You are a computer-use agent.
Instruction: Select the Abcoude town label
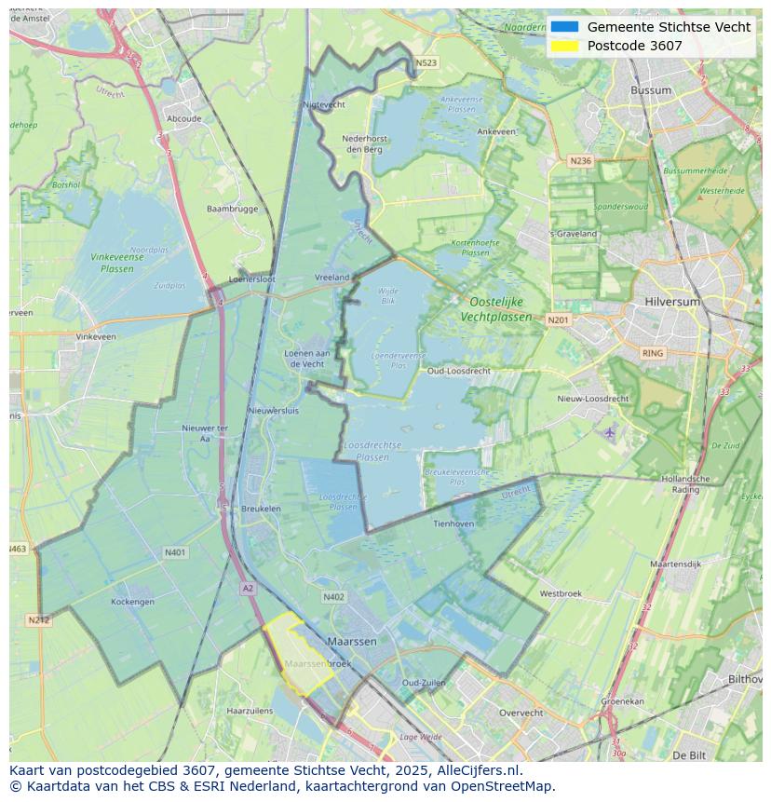point(183,118)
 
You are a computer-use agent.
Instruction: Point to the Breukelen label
point(261,509)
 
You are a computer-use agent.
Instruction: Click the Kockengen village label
point(133,602)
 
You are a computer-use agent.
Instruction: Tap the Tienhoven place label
point(453,523)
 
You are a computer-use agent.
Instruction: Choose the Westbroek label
point(561,593)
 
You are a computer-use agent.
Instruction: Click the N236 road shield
point(580,160)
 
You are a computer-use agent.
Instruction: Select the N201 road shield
point(558,319)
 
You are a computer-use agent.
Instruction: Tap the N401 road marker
point(175,552)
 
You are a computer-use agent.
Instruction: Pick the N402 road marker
point(333,597)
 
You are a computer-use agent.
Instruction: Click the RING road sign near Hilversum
point(653,353)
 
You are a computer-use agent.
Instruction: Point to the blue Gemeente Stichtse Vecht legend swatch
point(564,27)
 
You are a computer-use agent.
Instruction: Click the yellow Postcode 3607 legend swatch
point(564,46)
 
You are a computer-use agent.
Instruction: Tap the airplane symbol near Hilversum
point(610,432)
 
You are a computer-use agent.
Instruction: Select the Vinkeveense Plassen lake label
point(116,263)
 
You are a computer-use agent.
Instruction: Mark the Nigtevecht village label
point(324,104)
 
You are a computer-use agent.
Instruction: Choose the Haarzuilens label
point(250,711)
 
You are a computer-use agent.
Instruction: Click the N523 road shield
point(426,63)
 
